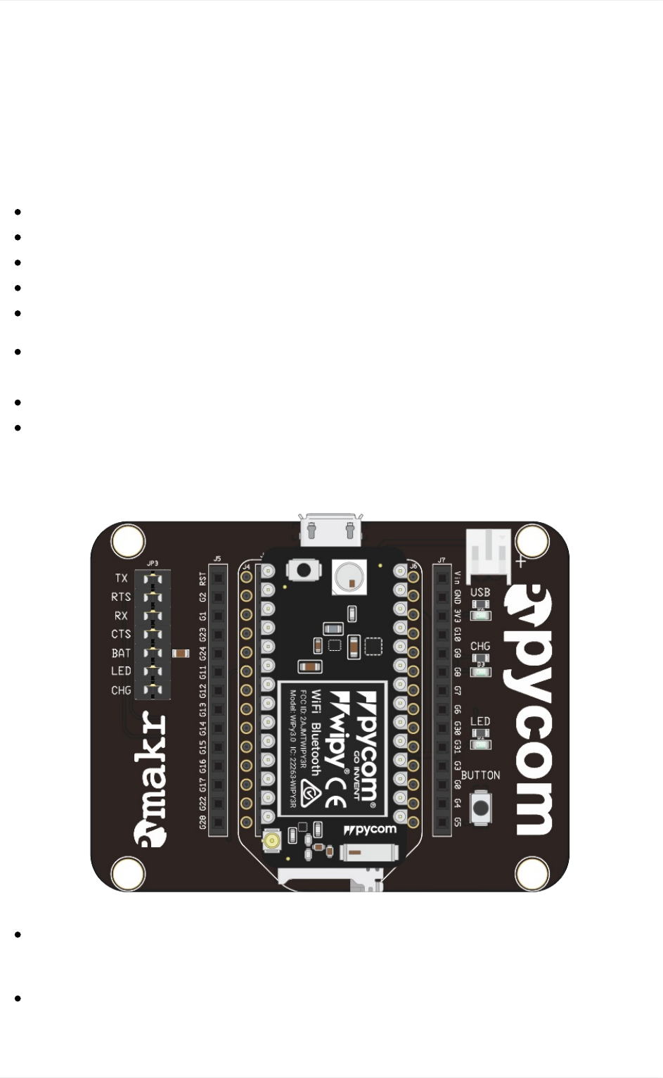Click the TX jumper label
121,578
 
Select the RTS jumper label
121,597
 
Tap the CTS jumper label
121,634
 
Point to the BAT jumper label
121,653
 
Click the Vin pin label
458,578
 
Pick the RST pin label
203,578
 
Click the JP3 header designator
153,564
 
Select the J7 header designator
442,561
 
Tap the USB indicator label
480,592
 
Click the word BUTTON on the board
481,775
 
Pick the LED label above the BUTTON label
480,721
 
